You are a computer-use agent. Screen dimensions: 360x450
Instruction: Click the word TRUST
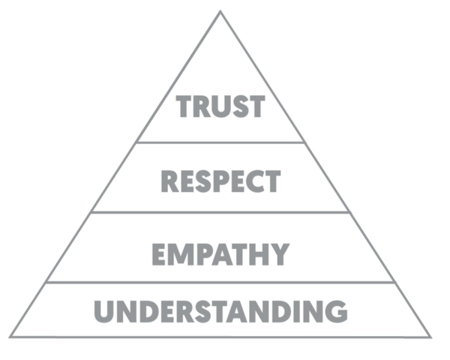pyautogui.click(x=220, y=107)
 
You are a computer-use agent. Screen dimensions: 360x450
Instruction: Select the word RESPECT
pyautogui.click(x=221, y=181)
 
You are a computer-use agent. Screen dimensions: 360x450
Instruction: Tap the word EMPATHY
pyautogui.click(x=220, y=254)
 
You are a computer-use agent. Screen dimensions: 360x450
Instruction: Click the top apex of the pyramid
pyautogui.click(x=220, y=12)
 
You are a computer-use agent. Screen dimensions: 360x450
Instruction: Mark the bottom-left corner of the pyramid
pyautogui.click(x=10, y=336)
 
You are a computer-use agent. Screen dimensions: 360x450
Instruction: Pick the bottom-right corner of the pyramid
pyautogui.click(x=430, y=336)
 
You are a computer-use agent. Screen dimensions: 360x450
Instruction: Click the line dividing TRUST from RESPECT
pyautogui.click(x=220, y=142)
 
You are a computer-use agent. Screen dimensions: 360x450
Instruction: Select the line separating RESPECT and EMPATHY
pyautogui.click(x=220, y=212)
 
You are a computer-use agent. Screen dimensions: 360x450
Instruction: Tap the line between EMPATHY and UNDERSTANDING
pyautogui.click(x=220, y=283)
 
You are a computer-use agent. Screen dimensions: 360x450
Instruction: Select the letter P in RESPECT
pyautogui.click(x=211, y=181)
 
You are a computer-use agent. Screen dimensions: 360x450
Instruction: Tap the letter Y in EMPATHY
pyautogui.click(x=277, y=254)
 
